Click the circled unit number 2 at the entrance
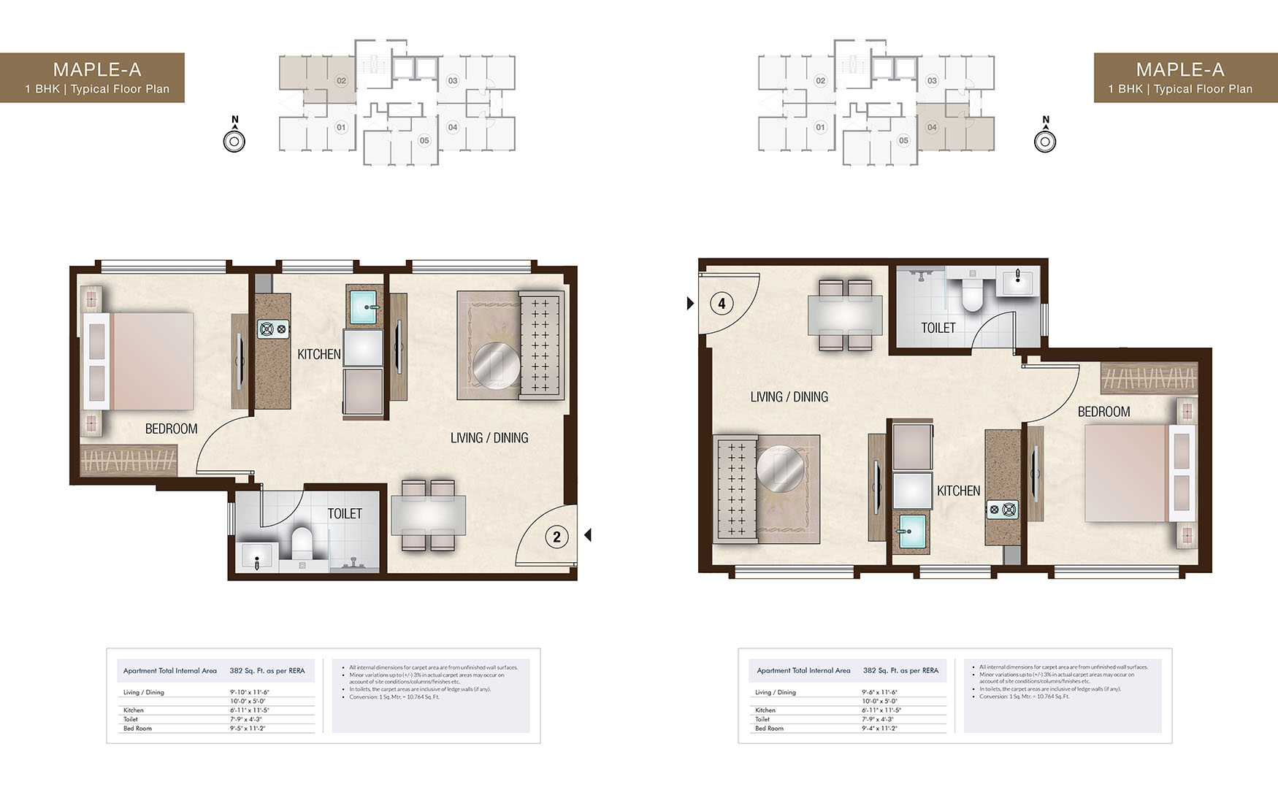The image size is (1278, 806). [556, 537]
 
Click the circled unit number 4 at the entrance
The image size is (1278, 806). [722, 303]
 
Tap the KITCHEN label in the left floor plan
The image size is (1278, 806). [319, 354]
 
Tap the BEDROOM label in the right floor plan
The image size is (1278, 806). [1103, 412]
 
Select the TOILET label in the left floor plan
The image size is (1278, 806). [345, 514]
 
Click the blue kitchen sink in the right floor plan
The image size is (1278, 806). [911, 531]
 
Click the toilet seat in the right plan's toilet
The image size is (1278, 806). [972, 296]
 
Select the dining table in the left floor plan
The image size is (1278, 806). [428, 515]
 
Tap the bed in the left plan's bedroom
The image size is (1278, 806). [146, 361]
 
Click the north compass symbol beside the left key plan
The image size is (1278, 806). [234, 141]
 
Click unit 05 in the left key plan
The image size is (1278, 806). [424, 140]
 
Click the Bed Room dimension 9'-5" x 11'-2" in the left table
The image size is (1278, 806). [247, 729]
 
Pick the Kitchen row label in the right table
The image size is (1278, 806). [765, 710]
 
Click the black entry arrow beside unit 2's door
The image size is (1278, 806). [588, 535]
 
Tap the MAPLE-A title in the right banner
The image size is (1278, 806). [1179, 69]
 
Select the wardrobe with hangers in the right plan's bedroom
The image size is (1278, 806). [1149, 377]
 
